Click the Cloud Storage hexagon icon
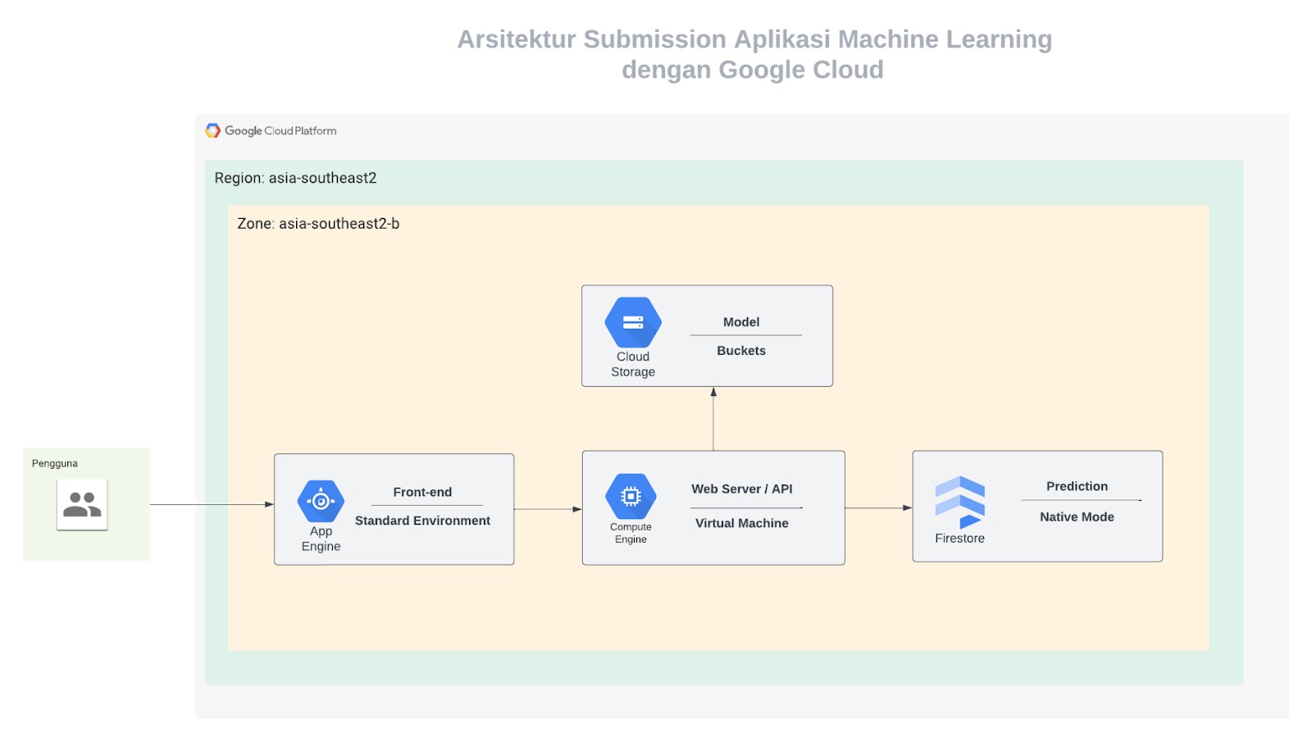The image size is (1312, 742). coord(632,323)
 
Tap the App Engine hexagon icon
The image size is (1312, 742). coord(321,501)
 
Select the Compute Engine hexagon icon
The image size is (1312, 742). coord(631,496)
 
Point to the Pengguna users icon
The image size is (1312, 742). coord(82,505)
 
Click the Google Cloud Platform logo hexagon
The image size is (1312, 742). coord(212,130)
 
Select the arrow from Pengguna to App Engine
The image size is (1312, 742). coord(212,504)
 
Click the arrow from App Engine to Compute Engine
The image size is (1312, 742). coord(549,509)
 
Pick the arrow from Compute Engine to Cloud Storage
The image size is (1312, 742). coord(713,419)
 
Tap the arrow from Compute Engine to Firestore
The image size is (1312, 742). coord(878,508)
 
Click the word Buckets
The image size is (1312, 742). coord(741,351)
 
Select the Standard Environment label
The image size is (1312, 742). coord(422,521)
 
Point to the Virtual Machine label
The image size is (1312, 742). coord(741,523)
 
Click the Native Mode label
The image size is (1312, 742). coord(1077,517)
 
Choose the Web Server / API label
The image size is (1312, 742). coord(741,489)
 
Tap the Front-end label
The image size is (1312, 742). coord(422,492)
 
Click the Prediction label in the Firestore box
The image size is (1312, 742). coord(1077,487)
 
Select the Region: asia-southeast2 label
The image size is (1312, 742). coord(295,178)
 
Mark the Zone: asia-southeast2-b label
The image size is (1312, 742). coord(318,224)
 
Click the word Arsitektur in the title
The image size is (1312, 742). coord(516,40)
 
